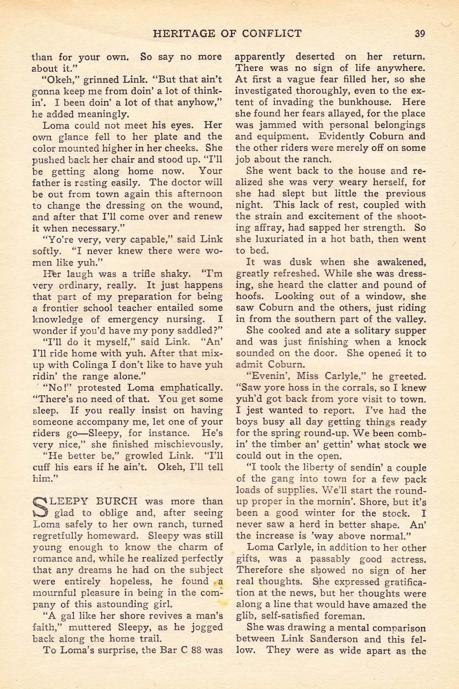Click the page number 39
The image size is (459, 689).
(420, 33)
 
